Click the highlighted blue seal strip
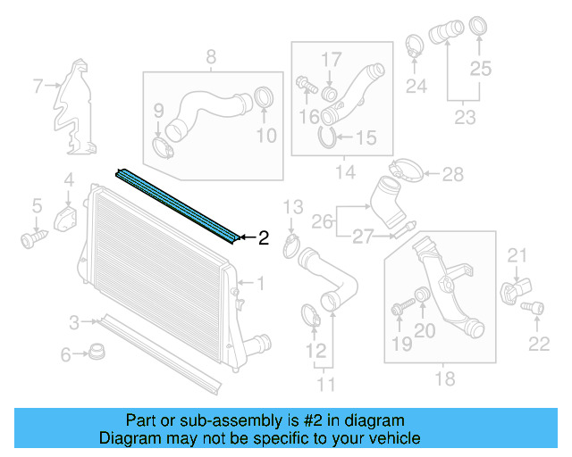point(178,204)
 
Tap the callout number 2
point(263,238)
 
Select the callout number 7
point(38,87)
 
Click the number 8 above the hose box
point(212,59)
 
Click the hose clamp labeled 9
point(164,145)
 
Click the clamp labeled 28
point(406,170)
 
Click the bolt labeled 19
point(399,310)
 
